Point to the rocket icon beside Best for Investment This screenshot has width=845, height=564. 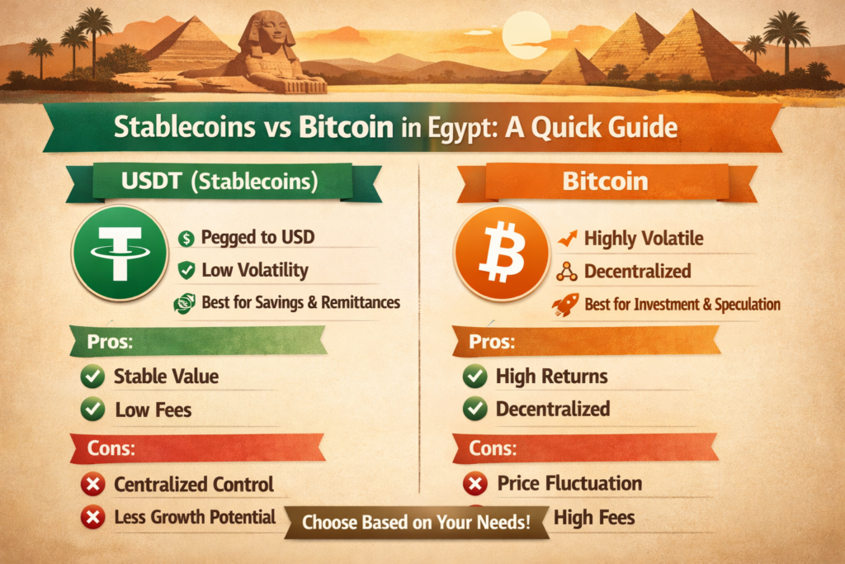(567, 304)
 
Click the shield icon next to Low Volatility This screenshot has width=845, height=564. (186, 269)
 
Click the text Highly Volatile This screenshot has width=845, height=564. (644, 239)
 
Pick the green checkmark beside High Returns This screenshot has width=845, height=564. (474, 377)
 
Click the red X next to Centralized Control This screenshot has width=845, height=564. (93, 485)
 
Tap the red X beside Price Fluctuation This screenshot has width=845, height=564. (475, 484)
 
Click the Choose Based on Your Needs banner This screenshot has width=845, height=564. (416, 522)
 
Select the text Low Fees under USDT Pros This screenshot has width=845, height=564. (153, 409)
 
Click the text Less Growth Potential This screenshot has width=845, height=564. (195, 517)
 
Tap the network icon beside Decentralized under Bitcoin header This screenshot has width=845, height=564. (567, 271)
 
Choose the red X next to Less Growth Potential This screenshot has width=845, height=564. (93, 518)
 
